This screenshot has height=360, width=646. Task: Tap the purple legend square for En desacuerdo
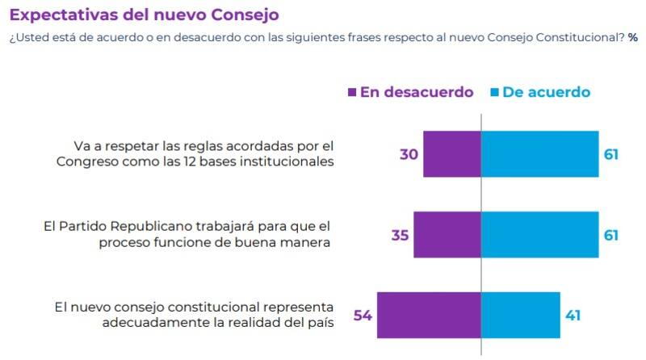tap(351, 92)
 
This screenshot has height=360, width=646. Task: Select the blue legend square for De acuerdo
tap(493, 92)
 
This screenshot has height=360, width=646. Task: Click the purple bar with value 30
tap(452, 153)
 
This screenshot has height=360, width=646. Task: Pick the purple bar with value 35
tap(447, 235)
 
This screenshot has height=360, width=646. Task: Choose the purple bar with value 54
tap(429, 315)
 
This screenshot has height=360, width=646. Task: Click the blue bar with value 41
tap(521, 315)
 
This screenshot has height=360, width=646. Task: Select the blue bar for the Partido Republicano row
tap(539, 235)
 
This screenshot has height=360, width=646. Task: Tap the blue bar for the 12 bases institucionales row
tap(539, 153)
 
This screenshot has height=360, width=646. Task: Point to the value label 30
tap(409, 153)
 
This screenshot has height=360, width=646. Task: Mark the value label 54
tap(363, 315)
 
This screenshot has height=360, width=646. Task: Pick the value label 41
tap(573, 315)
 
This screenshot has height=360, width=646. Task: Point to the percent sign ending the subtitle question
tap(632, 38)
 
